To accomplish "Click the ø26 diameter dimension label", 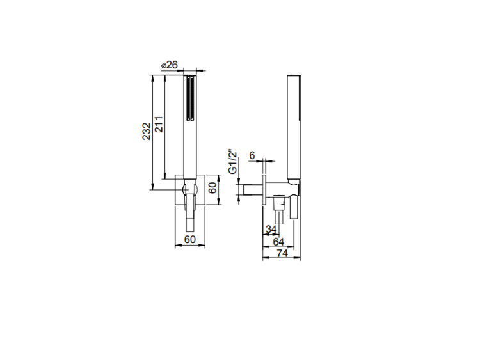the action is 169,65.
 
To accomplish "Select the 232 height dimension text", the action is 147,131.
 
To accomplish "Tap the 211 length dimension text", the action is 159,124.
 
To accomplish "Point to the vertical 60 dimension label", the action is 212,187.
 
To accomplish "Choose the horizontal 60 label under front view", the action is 190,239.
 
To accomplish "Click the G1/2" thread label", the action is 233,162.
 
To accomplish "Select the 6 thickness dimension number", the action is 252,155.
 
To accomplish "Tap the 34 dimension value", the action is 271,229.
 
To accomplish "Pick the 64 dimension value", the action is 278,242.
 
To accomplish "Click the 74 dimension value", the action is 282,253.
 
